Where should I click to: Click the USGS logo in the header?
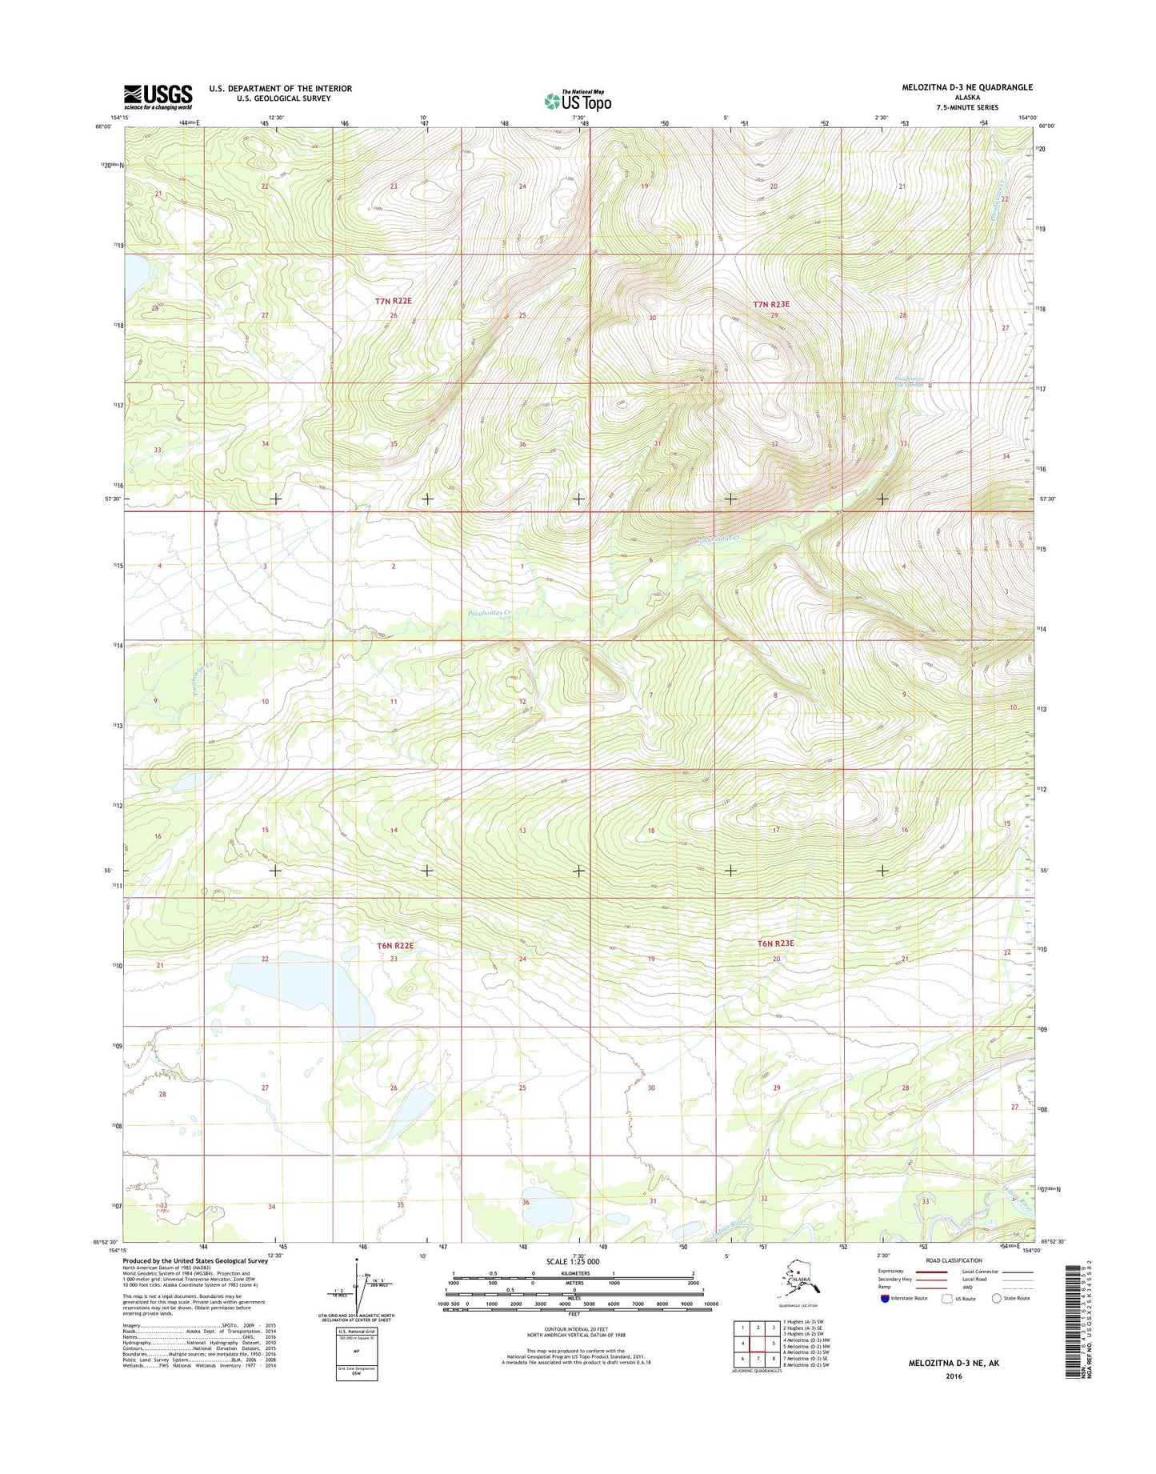(158, 97)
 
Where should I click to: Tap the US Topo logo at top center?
(578, 101)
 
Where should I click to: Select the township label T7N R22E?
(394, 301)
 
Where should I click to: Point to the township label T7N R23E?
(771, 304)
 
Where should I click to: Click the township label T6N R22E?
(395, 945)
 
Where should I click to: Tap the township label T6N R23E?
(775, 943)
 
